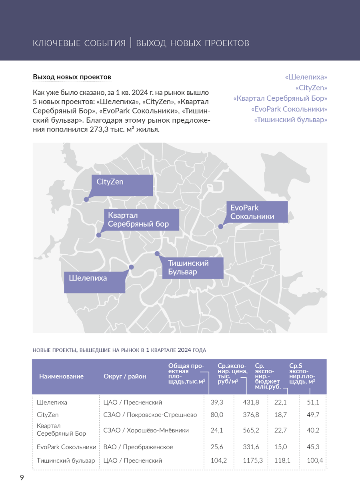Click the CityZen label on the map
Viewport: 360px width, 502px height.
click(x=122, y=185)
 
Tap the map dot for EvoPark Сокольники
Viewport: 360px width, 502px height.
click(x=220, y=227)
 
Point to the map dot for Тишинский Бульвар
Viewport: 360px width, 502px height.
click(x=157, y=254)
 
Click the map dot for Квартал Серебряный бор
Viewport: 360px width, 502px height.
click(x=99, y=235)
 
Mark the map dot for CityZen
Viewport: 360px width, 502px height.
click(x=86, y=199)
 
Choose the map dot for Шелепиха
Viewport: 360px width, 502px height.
click(x=131, y=267)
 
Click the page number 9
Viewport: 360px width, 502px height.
click(x=22, y=478)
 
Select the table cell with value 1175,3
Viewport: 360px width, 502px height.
click(x=253, y=460)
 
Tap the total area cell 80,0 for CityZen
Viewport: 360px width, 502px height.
click(x=217, y=415)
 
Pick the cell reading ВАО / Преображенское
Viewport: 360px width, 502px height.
click(x=138, y=447)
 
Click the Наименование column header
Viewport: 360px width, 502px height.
click(x=61, y=376)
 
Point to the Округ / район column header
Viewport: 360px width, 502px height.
click(x=125, y=376)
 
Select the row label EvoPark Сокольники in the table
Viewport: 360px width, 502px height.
click(x=66, y=447)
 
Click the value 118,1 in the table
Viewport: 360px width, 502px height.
click(x=282, y=460)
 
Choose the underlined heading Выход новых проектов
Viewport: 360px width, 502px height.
click(x=72, y=77)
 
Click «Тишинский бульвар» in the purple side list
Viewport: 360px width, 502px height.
click(x=290, y=120)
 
